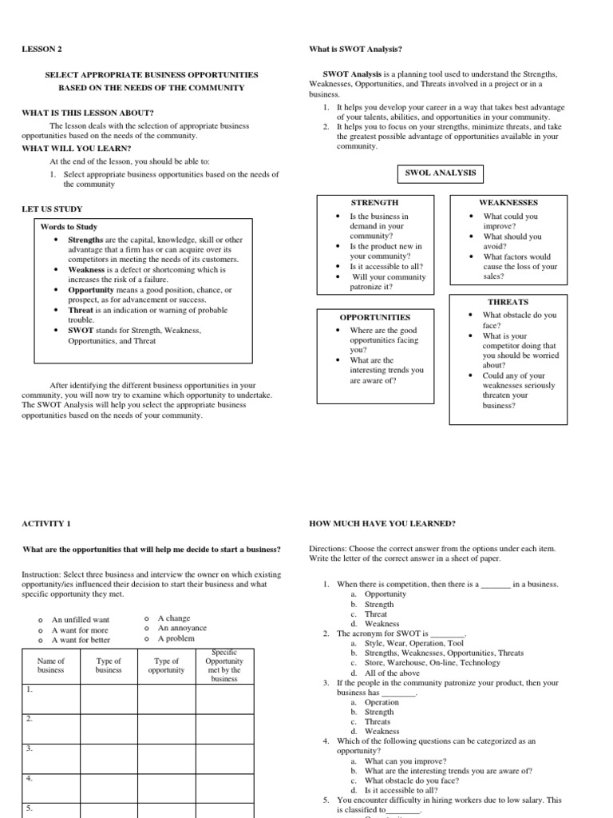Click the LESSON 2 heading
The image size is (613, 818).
(41, 50)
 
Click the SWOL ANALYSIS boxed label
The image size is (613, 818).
(440, 173)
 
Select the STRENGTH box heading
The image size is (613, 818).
(374, 203)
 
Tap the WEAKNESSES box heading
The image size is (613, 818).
(508, 203)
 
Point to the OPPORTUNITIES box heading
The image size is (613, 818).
(374, 317)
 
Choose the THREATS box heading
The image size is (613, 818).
(508, 302)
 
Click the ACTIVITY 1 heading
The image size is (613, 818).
(46, 524)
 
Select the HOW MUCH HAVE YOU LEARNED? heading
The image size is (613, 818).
(382, 524)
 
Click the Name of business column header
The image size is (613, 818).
(50, 665)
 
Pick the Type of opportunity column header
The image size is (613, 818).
(166, 665)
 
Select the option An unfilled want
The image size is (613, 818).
(81, 619)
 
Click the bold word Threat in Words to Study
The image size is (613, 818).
(81, 309)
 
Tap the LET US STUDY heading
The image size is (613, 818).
(51, 209)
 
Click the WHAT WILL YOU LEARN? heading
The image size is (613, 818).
(76, 149)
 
